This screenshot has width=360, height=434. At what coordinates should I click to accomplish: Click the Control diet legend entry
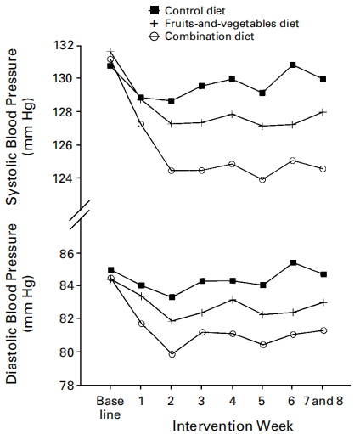(187, 11)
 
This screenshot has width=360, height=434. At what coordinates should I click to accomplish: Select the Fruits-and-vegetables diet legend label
(232, 23)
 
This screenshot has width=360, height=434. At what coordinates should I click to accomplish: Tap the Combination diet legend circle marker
(155, 37)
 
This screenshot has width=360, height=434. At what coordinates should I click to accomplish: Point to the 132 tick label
(63, 45)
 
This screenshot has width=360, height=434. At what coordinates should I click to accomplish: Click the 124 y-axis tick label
(63, 178)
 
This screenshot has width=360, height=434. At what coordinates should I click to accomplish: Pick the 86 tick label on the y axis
(66, 253)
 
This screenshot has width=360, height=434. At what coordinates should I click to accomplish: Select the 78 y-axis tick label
(66, 386)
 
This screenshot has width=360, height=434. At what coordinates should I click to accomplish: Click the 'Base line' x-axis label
(110, 408)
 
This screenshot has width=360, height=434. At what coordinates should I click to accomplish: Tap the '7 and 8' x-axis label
(323, 401)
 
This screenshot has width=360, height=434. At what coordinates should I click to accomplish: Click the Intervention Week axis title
(233, 426)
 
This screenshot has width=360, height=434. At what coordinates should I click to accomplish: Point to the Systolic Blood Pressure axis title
(20, 127)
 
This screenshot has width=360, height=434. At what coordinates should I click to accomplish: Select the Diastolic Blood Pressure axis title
(20, 304)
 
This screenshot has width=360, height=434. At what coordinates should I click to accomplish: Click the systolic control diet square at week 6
(293, 65)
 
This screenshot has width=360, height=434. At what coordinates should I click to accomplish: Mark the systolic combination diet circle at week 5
(262, 179)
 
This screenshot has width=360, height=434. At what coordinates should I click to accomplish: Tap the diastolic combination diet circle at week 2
(172, 354)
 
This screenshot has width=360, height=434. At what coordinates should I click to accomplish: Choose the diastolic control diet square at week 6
(293, 262)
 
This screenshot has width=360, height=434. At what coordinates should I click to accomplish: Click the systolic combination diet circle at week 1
(141, 124)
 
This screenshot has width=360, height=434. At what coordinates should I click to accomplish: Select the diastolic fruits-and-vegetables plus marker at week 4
(233, 300)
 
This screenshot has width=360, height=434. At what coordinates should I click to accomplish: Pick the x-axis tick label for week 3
(201, 401)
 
